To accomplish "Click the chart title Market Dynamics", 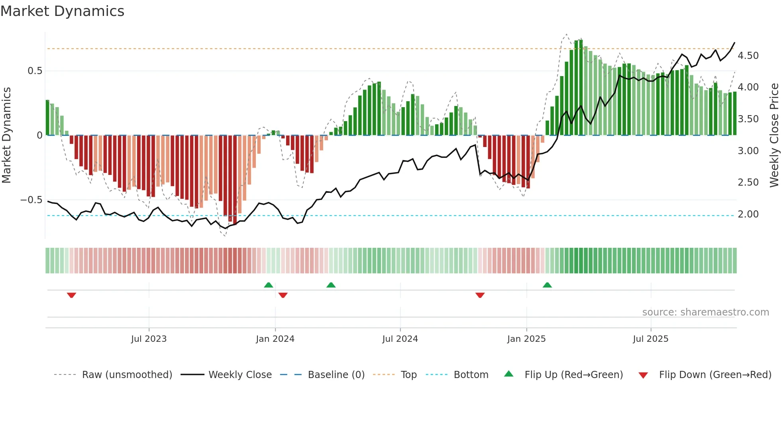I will [x=63, y=11].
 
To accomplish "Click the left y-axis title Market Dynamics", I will [x=6, y=135].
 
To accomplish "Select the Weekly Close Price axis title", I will [x=774, y=135].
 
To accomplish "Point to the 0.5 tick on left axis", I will [x=35, y=71].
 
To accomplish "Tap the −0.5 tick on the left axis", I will [x=31, y=200].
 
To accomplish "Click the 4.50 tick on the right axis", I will [x=748, y=56].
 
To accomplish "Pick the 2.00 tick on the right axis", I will [x=748, y=214].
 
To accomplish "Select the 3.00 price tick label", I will [x=748, y=151].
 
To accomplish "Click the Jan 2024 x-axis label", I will [x=275, y=339].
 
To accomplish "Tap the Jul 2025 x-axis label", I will [x=650, y=339].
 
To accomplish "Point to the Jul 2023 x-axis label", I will [x=149, y=339].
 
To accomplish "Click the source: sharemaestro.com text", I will [x=705, y=312].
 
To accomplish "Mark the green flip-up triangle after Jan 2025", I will [x=547, y=285].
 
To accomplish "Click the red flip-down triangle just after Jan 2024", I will [x=283, y=295].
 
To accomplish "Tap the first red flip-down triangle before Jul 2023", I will [x=71, y=295].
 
